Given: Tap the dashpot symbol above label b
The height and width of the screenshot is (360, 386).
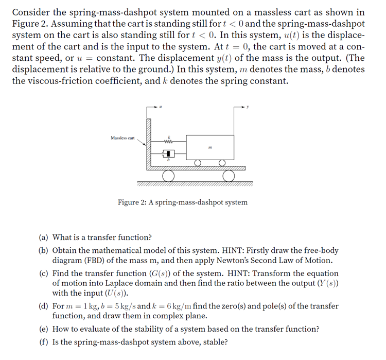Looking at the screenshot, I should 168,153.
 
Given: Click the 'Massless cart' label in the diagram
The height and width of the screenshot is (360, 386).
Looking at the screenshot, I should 122,138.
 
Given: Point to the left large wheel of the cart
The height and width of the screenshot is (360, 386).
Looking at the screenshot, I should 168,176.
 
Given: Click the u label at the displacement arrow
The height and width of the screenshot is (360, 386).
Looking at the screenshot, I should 161,107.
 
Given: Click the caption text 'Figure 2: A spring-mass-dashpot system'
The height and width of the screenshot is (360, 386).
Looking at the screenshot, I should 182,202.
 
